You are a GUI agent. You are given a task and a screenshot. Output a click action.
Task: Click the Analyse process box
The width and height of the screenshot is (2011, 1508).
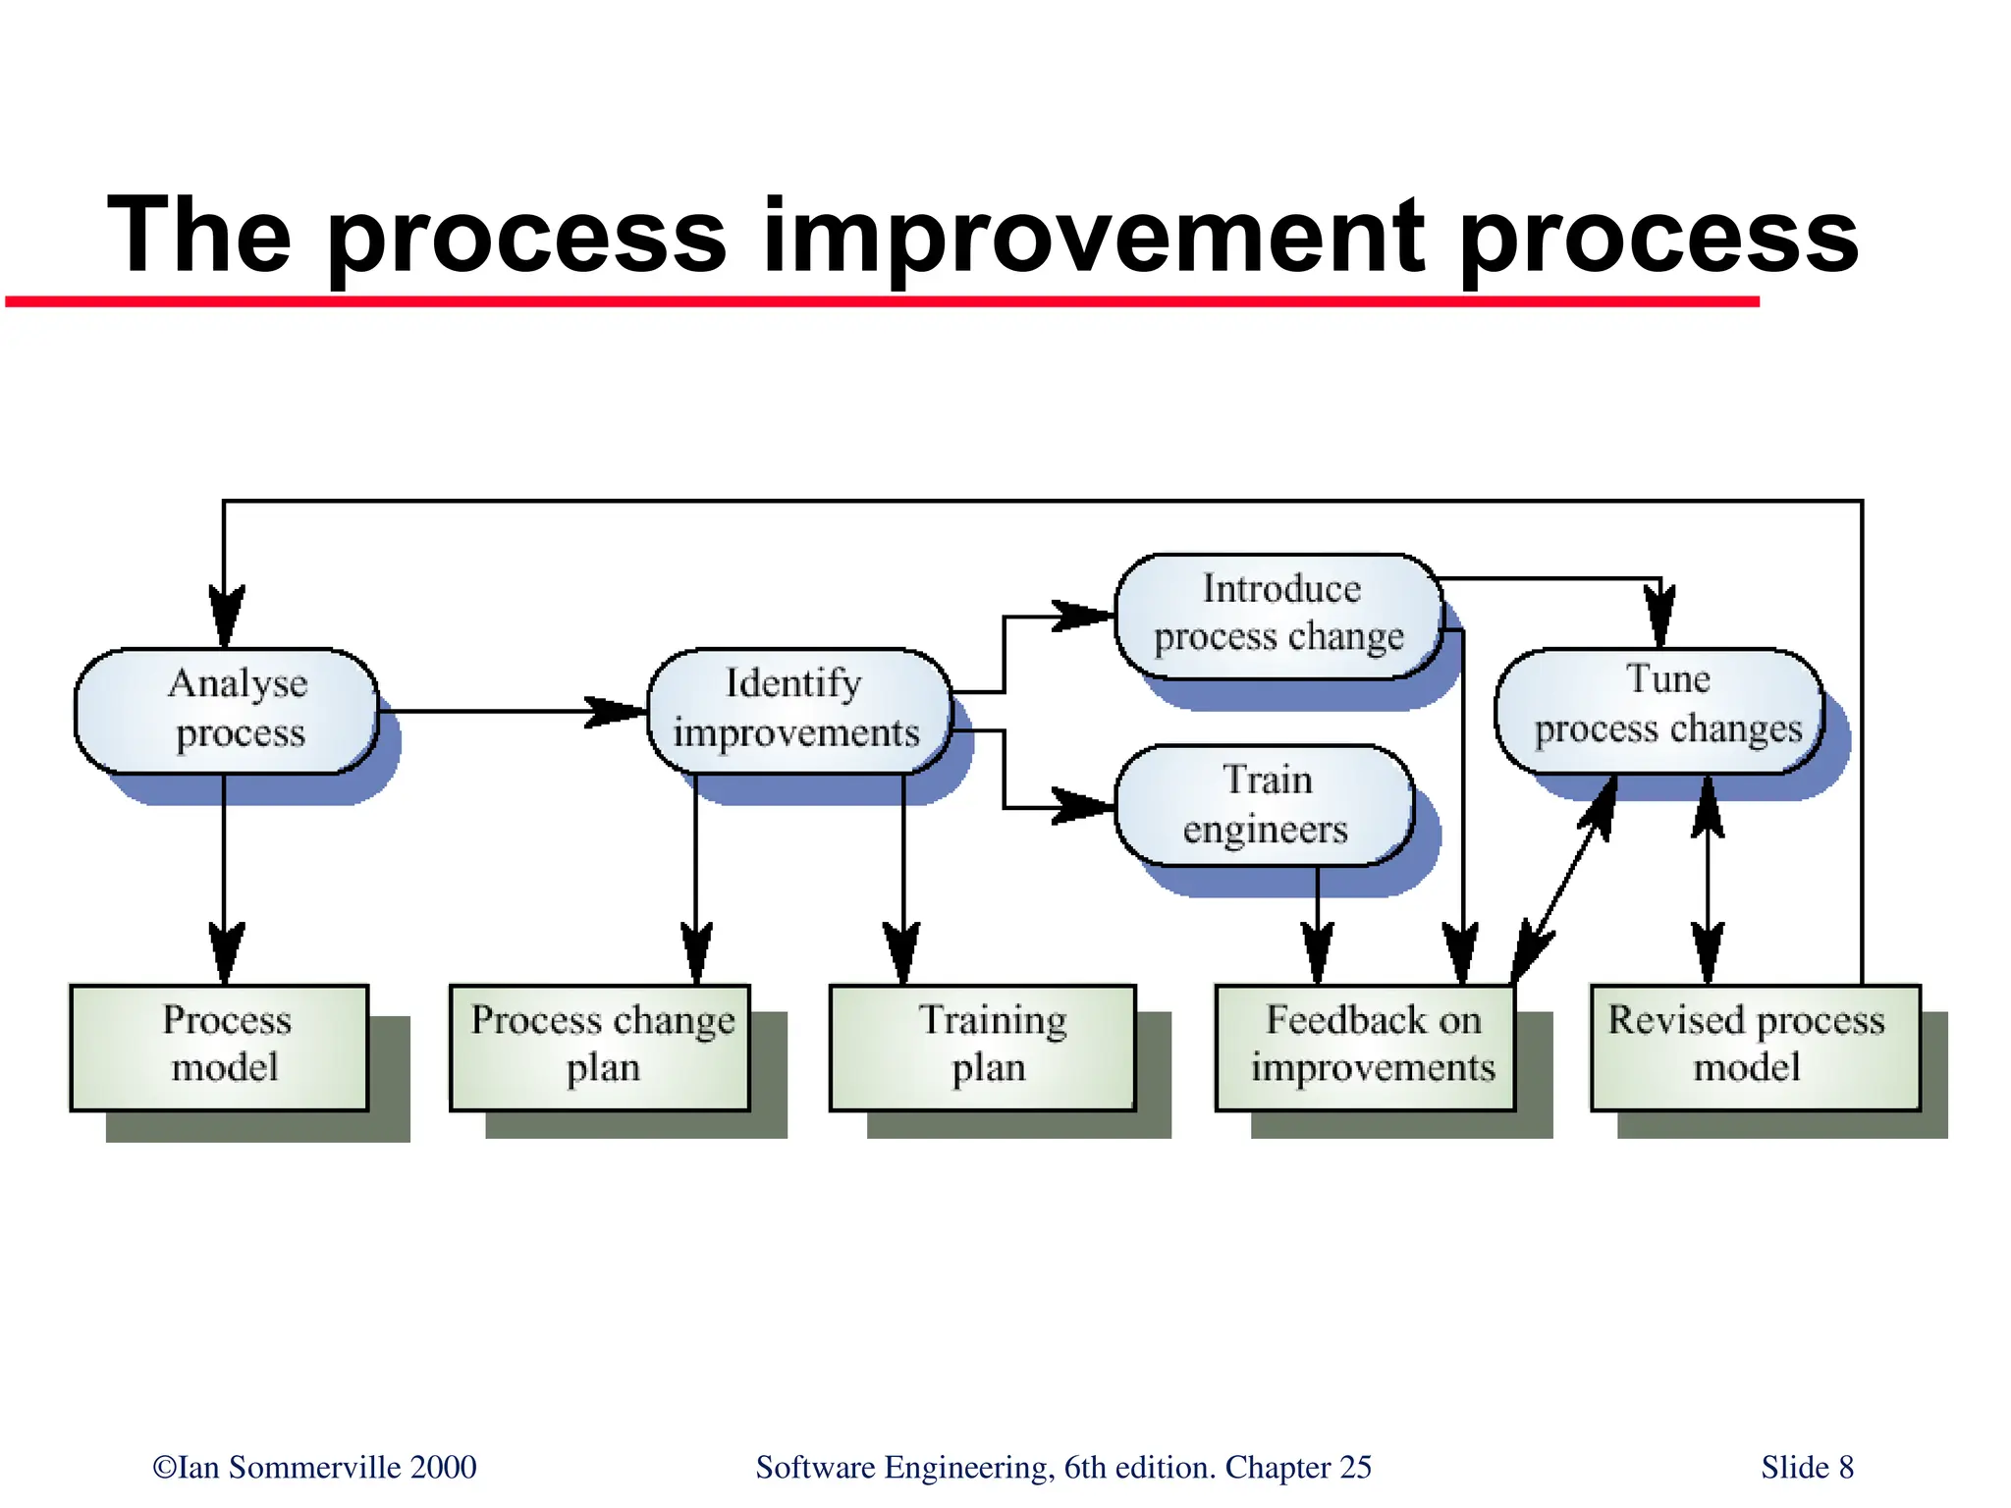227,711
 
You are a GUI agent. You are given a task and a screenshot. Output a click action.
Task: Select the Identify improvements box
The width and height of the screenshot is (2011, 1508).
798,711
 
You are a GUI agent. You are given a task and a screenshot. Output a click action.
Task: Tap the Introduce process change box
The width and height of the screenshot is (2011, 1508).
1278,615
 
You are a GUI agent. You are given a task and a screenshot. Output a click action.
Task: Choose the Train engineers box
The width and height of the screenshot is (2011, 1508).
1265,805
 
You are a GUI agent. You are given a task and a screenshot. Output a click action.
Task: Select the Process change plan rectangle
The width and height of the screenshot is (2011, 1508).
600,1047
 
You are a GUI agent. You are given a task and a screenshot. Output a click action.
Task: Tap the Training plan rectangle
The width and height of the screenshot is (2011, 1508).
982,1047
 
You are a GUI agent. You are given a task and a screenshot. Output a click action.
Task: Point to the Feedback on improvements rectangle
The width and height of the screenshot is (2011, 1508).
1365,1047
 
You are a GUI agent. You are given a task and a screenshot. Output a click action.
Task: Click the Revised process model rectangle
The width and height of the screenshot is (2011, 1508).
1755,1047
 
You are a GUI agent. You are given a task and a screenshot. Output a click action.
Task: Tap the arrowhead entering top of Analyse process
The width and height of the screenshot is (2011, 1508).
226,617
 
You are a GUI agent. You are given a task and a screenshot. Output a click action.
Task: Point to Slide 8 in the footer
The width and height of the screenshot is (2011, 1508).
1807,1467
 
